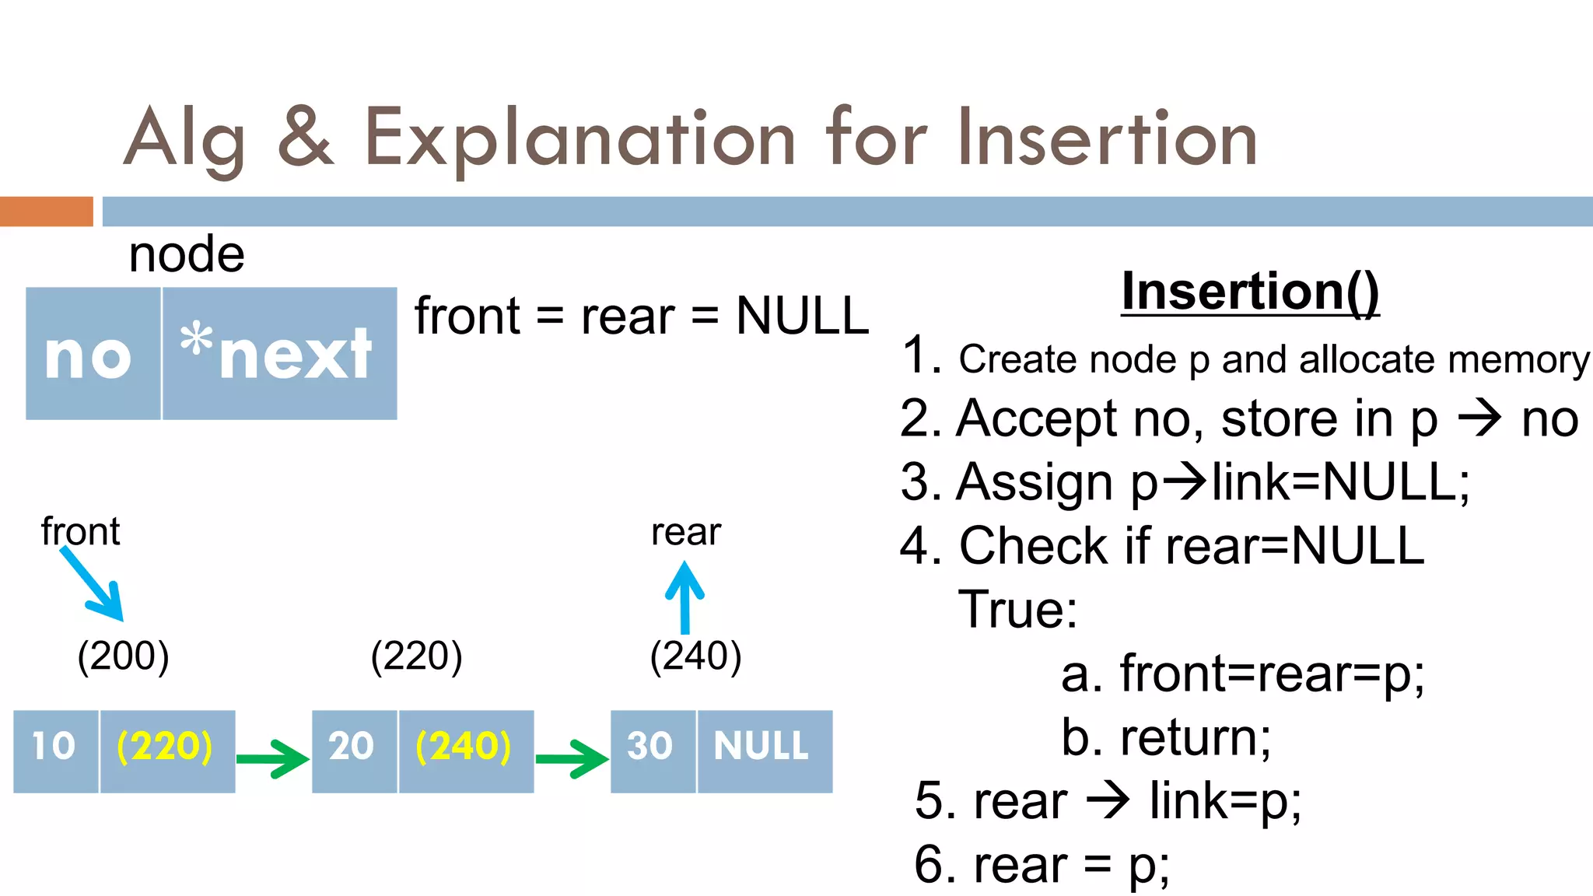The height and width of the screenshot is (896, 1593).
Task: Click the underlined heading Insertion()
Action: point(1250,292)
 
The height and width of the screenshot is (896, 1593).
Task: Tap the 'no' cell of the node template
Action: point(92,354)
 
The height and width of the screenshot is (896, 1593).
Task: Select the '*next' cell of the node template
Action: point(279,354)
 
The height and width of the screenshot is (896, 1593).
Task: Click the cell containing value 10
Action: point(55,751)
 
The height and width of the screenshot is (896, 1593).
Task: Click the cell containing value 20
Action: point(354,751)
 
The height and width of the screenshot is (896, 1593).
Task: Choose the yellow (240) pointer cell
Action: point(465,751)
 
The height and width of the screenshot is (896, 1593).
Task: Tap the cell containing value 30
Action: point(652,751)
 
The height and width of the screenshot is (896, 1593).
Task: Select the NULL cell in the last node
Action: point(764,751)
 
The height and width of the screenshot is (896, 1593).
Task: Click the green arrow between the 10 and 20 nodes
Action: point(272,758)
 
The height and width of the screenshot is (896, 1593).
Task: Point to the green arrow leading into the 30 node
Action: point(572,758)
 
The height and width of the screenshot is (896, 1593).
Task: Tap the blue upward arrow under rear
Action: point(684,597)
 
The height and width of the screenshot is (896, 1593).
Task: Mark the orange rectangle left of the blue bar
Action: point(46,212)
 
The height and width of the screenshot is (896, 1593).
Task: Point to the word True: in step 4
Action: point(1017,609)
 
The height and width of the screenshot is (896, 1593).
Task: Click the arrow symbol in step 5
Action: point(1108,800)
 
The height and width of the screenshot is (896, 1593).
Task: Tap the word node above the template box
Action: point(187,254)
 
